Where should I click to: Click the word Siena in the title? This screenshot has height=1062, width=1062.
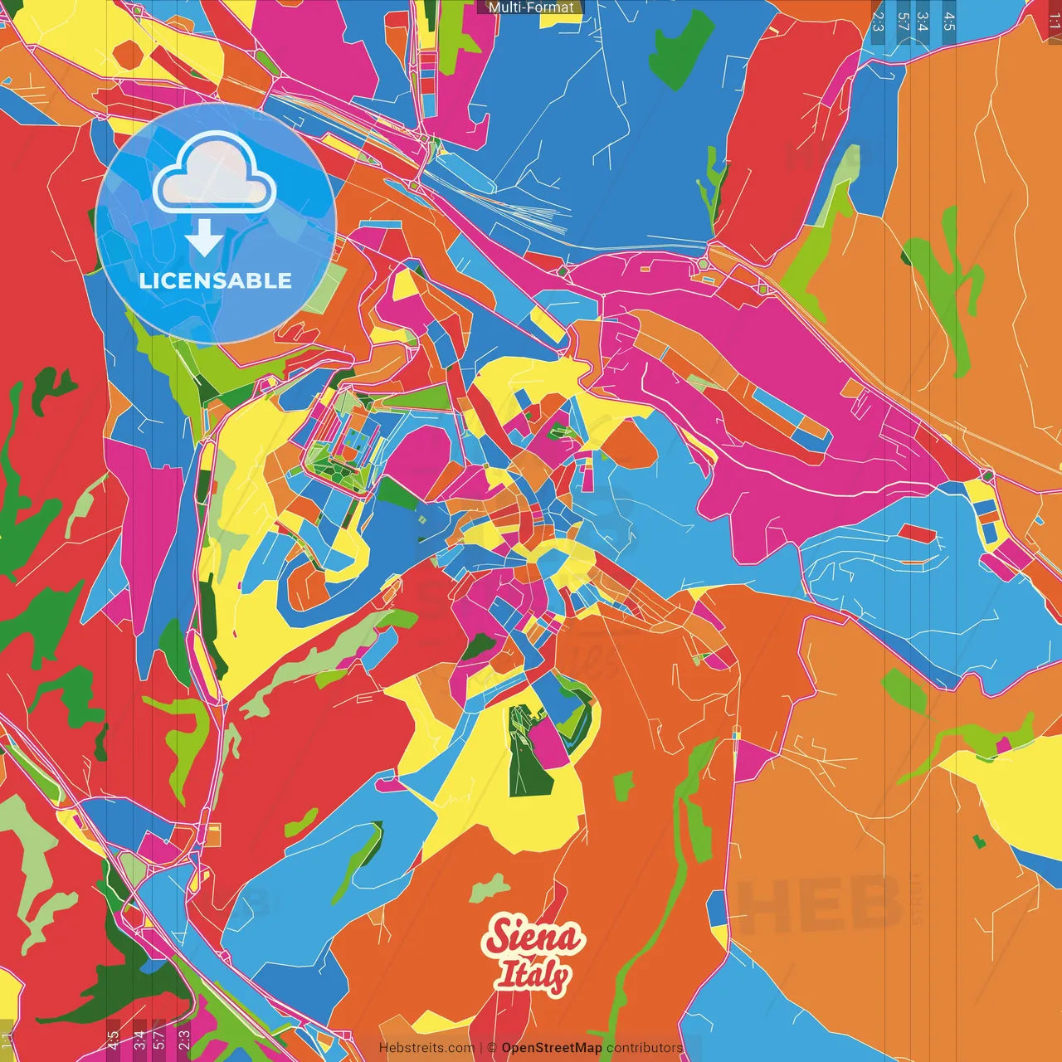click(x=534, y=938)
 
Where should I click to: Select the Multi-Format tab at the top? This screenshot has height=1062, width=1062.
click(x=531, y=7)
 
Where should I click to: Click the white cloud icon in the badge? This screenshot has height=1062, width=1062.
click(x=214, y=174)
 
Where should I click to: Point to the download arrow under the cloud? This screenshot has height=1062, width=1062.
click(x=204, y=239)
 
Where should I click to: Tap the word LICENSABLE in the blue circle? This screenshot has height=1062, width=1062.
click(x=216, y=280)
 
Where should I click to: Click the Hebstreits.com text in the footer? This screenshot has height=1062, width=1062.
click(x=426, y=1048)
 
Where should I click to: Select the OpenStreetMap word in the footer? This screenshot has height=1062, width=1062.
click(x=552, y=1048)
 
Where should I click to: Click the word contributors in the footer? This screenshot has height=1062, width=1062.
click(x=645, y=1048)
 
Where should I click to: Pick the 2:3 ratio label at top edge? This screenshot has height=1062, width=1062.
click(x=878, y=21)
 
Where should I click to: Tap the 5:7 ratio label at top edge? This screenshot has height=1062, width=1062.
click(x=903, y=21)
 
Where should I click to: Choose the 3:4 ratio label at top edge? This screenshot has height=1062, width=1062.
click(x=923, y=21)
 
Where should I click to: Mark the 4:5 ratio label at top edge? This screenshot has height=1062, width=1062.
click(x=949, y=21)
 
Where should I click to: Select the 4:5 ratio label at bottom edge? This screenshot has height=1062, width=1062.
click(x=113, y=1040)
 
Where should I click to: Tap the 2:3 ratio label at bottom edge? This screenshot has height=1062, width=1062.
click(x=183, y=1040)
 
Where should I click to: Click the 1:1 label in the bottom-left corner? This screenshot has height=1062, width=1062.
click(x=7, y=1040)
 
